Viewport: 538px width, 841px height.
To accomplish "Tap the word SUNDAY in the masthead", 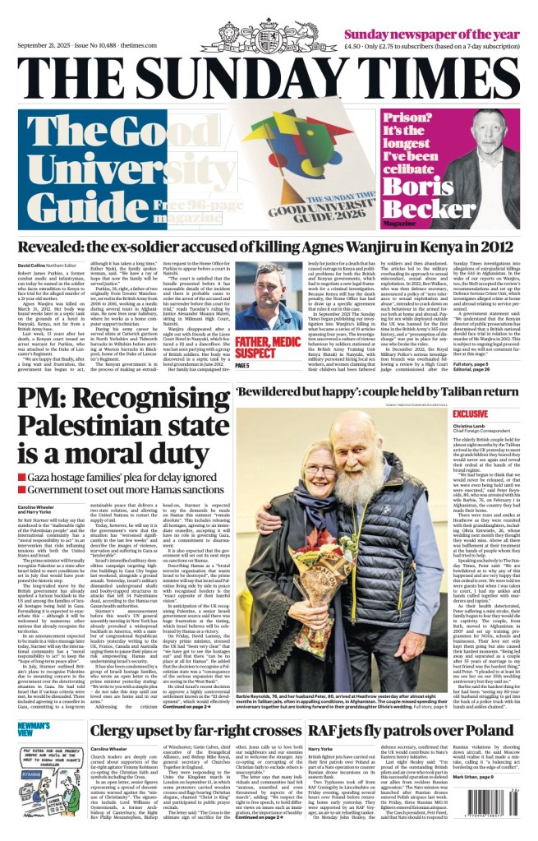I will tap(271, 80).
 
